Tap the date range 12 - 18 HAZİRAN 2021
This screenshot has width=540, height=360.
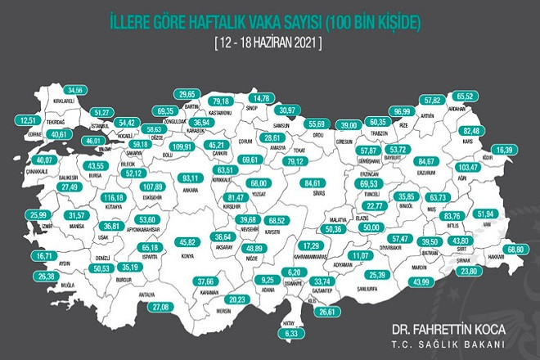pyautogui.click(x=269, y=42)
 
